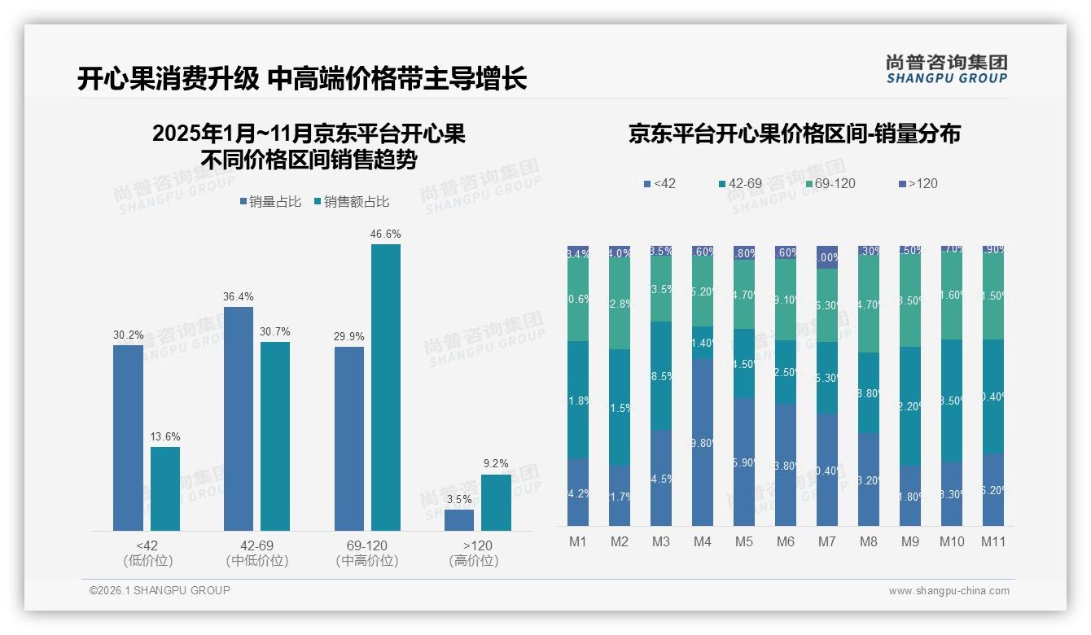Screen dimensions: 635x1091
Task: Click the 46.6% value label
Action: (x=386, y=234)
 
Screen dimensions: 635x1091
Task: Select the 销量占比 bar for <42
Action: (x=128, y=438)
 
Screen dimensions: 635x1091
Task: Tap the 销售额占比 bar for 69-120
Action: (x=386, y=388)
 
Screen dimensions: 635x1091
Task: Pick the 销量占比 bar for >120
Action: (x=459, y=520)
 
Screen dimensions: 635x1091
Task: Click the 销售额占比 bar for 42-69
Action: (x=275, y=436)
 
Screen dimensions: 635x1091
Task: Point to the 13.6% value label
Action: (x=165, y=436)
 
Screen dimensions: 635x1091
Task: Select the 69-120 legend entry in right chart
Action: (x=830, y=184)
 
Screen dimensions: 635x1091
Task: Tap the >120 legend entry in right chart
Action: (x=918, y=184)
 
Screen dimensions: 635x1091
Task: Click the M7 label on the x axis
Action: (x=826, y=542)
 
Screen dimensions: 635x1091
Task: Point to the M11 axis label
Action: (x=993, y=542)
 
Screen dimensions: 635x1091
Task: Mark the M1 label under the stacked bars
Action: (x=578, y=542)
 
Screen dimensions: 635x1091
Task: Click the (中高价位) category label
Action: (x=367, y=560)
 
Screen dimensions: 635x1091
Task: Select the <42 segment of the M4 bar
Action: (x=703, y=442)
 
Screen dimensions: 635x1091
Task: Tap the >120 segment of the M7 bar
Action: (x=826, y=256)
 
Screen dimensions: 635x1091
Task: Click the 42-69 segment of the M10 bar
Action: (x=951, y=401)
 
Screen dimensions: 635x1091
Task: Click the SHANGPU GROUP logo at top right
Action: (x=946, y=68)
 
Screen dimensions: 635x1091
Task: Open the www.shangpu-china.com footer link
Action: (x=949, y=591)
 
